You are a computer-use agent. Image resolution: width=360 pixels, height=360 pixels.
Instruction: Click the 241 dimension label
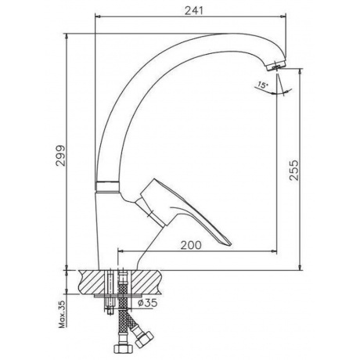[193, 11]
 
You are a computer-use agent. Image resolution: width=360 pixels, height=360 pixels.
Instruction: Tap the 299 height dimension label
[60, 156]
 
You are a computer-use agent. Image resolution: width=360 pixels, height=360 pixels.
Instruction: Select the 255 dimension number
[293, 170]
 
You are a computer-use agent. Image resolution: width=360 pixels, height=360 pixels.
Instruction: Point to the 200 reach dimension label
[192, 245]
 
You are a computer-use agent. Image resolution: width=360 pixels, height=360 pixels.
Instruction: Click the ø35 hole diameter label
[147, 303]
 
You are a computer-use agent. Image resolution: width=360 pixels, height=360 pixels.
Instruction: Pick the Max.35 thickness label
[62, 313]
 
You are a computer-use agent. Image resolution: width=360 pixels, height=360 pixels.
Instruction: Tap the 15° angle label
[262, 85]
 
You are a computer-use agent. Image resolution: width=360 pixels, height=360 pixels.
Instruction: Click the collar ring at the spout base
[107, 186]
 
